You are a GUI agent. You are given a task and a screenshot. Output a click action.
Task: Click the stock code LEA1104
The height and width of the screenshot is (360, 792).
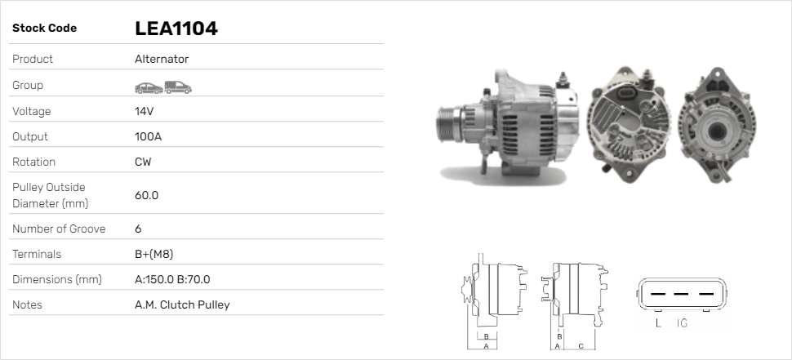[176, 29]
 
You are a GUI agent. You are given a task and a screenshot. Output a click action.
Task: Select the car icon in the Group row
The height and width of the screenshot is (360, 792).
[148, 86]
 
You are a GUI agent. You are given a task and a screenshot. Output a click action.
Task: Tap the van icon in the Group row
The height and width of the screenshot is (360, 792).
[177, 86]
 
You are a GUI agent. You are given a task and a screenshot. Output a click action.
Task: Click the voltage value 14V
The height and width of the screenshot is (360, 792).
[145, 111]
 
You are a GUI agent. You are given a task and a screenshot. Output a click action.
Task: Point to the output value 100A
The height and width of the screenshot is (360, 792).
[148, 136]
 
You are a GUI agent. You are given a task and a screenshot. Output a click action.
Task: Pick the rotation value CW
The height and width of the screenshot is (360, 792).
[143, 162]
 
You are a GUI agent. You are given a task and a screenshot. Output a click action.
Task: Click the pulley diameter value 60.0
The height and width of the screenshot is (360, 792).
[146, 195]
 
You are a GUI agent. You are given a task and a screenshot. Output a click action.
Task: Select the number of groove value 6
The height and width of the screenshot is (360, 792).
[138, 229]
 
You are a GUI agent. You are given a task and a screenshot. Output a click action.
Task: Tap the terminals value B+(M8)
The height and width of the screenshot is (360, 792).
[154, 254]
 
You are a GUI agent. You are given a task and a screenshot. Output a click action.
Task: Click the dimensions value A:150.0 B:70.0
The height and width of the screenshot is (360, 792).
[172, 279]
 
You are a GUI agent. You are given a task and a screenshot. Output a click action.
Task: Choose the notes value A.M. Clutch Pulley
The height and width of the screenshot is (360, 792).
[182, 304]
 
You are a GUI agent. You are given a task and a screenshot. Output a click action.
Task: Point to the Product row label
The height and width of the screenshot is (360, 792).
[33, 59]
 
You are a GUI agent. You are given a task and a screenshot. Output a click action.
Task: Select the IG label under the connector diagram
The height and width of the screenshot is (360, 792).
[682, 324]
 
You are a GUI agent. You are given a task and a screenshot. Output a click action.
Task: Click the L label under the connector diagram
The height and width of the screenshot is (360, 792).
[658, 324]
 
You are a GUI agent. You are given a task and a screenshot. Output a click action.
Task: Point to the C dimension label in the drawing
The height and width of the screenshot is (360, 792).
[581, 345]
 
